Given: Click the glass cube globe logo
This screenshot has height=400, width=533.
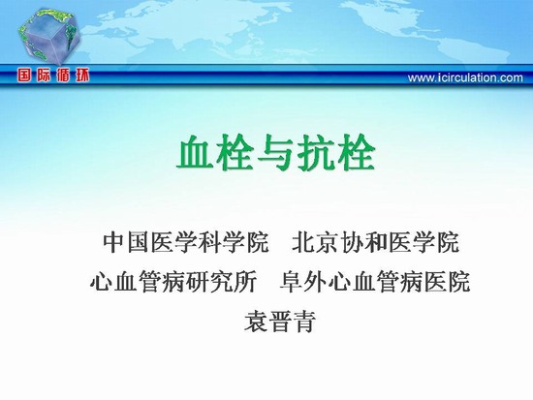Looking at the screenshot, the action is point(49,37).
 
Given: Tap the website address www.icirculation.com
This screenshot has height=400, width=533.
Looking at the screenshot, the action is point(465,77).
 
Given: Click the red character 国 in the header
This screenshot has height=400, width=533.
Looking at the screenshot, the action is point(24,76).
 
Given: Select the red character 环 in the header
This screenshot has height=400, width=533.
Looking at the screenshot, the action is point(82,76).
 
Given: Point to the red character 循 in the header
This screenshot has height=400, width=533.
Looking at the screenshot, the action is point(63,76).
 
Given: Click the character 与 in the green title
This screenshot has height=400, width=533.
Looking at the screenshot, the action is point(275,153).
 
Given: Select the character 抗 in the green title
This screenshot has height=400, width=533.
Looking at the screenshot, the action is point(316,153).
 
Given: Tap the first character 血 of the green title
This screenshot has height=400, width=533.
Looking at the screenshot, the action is point(196,153).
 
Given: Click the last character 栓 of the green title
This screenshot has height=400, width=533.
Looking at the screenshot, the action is point(356,153).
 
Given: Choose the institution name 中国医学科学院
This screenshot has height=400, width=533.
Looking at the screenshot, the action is point(186,242).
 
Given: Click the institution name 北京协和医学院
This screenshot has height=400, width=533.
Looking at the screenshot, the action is point(376,242).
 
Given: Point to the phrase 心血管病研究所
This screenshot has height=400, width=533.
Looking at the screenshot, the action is point(173,282).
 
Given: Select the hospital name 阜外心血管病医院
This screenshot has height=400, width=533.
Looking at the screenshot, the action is point(375,282).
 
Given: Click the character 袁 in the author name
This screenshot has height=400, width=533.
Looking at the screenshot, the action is point(256,321).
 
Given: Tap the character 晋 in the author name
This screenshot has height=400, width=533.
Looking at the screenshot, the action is point(280,321).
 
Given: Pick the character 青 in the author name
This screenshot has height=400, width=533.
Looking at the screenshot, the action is point(304,321).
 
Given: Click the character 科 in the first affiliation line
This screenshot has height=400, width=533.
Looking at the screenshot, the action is point(209,242).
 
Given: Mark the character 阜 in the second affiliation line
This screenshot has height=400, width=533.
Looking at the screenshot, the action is point(292,282).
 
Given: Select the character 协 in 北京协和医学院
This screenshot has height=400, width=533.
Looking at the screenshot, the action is point(352,242).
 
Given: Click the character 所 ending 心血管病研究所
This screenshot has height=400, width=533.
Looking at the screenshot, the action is point(245,282).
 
